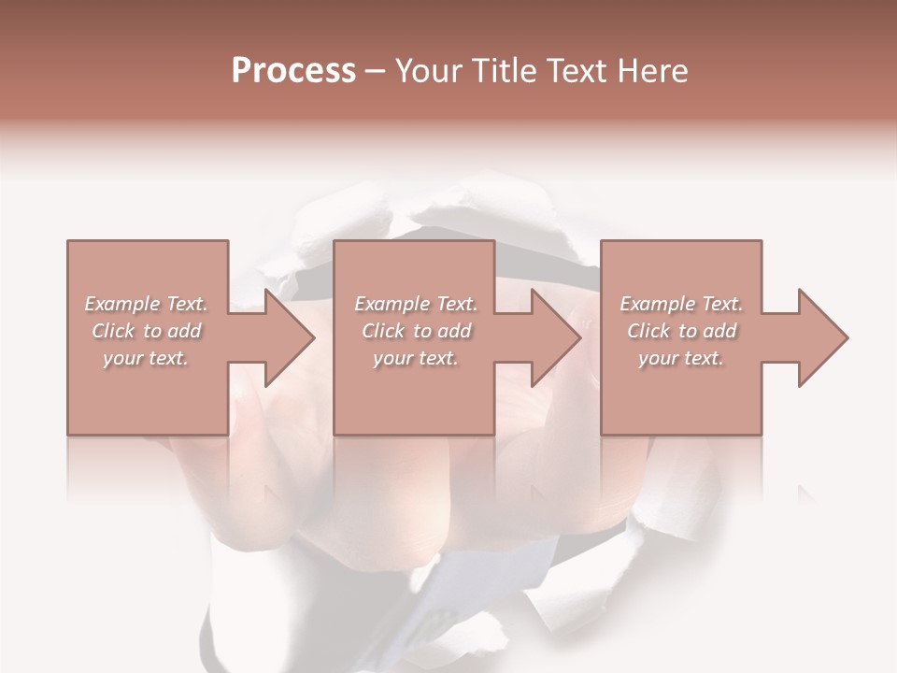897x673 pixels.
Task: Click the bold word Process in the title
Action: (x=293, y=71)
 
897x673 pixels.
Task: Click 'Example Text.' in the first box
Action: (x=146, y=304)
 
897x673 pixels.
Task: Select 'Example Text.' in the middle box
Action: (x=416, y=304)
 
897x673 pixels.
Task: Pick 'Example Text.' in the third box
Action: (x=681, y=304)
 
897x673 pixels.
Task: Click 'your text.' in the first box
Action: (x=146, y=358)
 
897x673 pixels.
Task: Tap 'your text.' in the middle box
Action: (x=416, y=358)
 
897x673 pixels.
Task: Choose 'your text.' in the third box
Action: (x=681, y=358)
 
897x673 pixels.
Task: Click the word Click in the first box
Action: (x=113, y=331)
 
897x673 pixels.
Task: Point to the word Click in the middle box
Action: (x=383, y=331)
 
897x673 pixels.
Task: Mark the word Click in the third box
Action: (x=648, y=331)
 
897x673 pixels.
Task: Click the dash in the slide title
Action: (x=376, y=72)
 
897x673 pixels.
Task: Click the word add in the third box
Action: (x=719, y=331)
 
